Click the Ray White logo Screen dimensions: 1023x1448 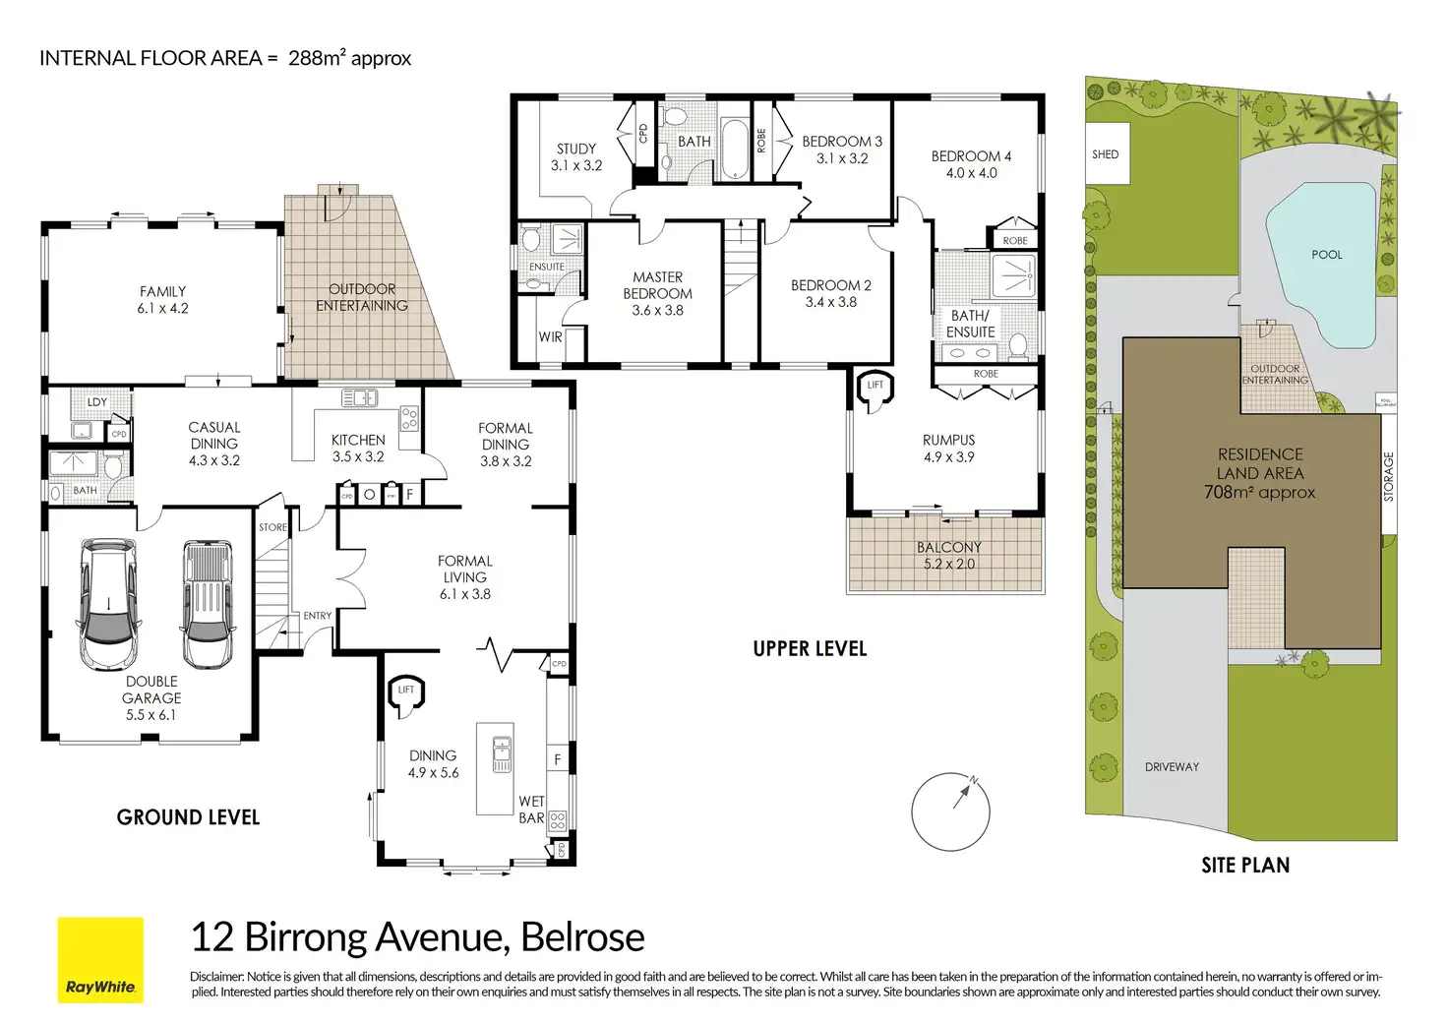pos(100,960)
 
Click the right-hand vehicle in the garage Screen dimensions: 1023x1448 pos(208,602)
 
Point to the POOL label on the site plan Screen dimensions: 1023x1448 pos(1326,255)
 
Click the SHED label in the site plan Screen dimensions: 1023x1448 pos(1105,154)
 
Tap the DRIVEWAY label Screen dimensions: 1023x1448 pos(1172,766)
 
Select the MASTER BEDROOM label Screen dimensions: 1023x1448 pos(657,285)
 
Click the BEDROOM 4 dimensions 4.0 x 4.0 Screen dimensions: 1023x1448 pos(971,173)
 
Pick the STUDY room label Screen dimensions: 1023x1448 pos(576,149)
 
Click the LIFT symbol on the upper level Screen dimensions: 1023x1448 pos(875,385)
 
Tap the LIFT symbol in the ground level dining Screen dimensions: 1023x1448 pos(405,691)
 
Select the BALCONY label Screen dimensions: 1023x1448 pos(948,547)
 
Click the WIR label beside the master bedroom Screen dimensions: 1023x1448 pos(550,337)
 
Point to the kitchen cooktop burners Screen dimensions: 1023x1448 pos(408,418)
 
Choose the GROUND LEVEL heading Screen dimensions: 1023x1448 pos(188,817)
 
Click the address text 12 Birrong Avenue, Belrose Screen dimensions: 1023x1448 pos(417,937)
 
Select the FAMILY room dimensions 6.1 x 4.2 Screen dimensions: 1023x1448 pos(163,308)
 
